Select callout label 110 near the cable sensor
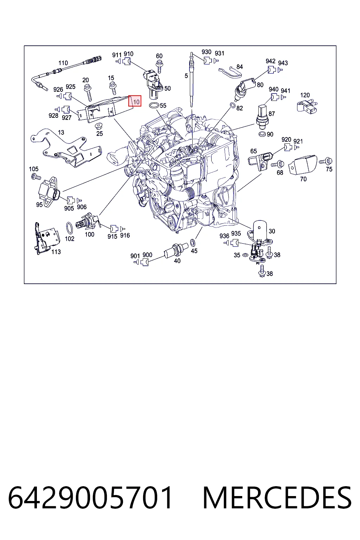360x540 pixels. (x=63, y=63)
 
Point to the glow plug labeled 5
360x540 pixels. (x=192, y=79)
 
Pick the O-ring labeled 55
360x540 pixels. (x=154, y=105)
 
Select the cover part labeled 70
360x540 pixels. (x=303, y=165)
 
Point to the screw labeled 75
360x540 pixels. (x=326, y=161)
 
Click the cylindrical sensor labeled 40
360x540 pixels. (x=176, y=250)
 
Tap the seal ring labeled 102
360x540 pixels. (x=70, y=228)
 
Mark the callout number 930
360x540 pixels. (x=206, y=52)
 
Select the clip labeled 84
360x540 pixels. (x=230, y=72)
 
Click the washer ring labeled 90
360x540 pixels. (x=262, y=134)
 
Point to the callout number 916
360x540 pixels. (x=125, y=235)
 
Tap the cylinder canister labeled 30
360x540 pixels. (x=260, y=231)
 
